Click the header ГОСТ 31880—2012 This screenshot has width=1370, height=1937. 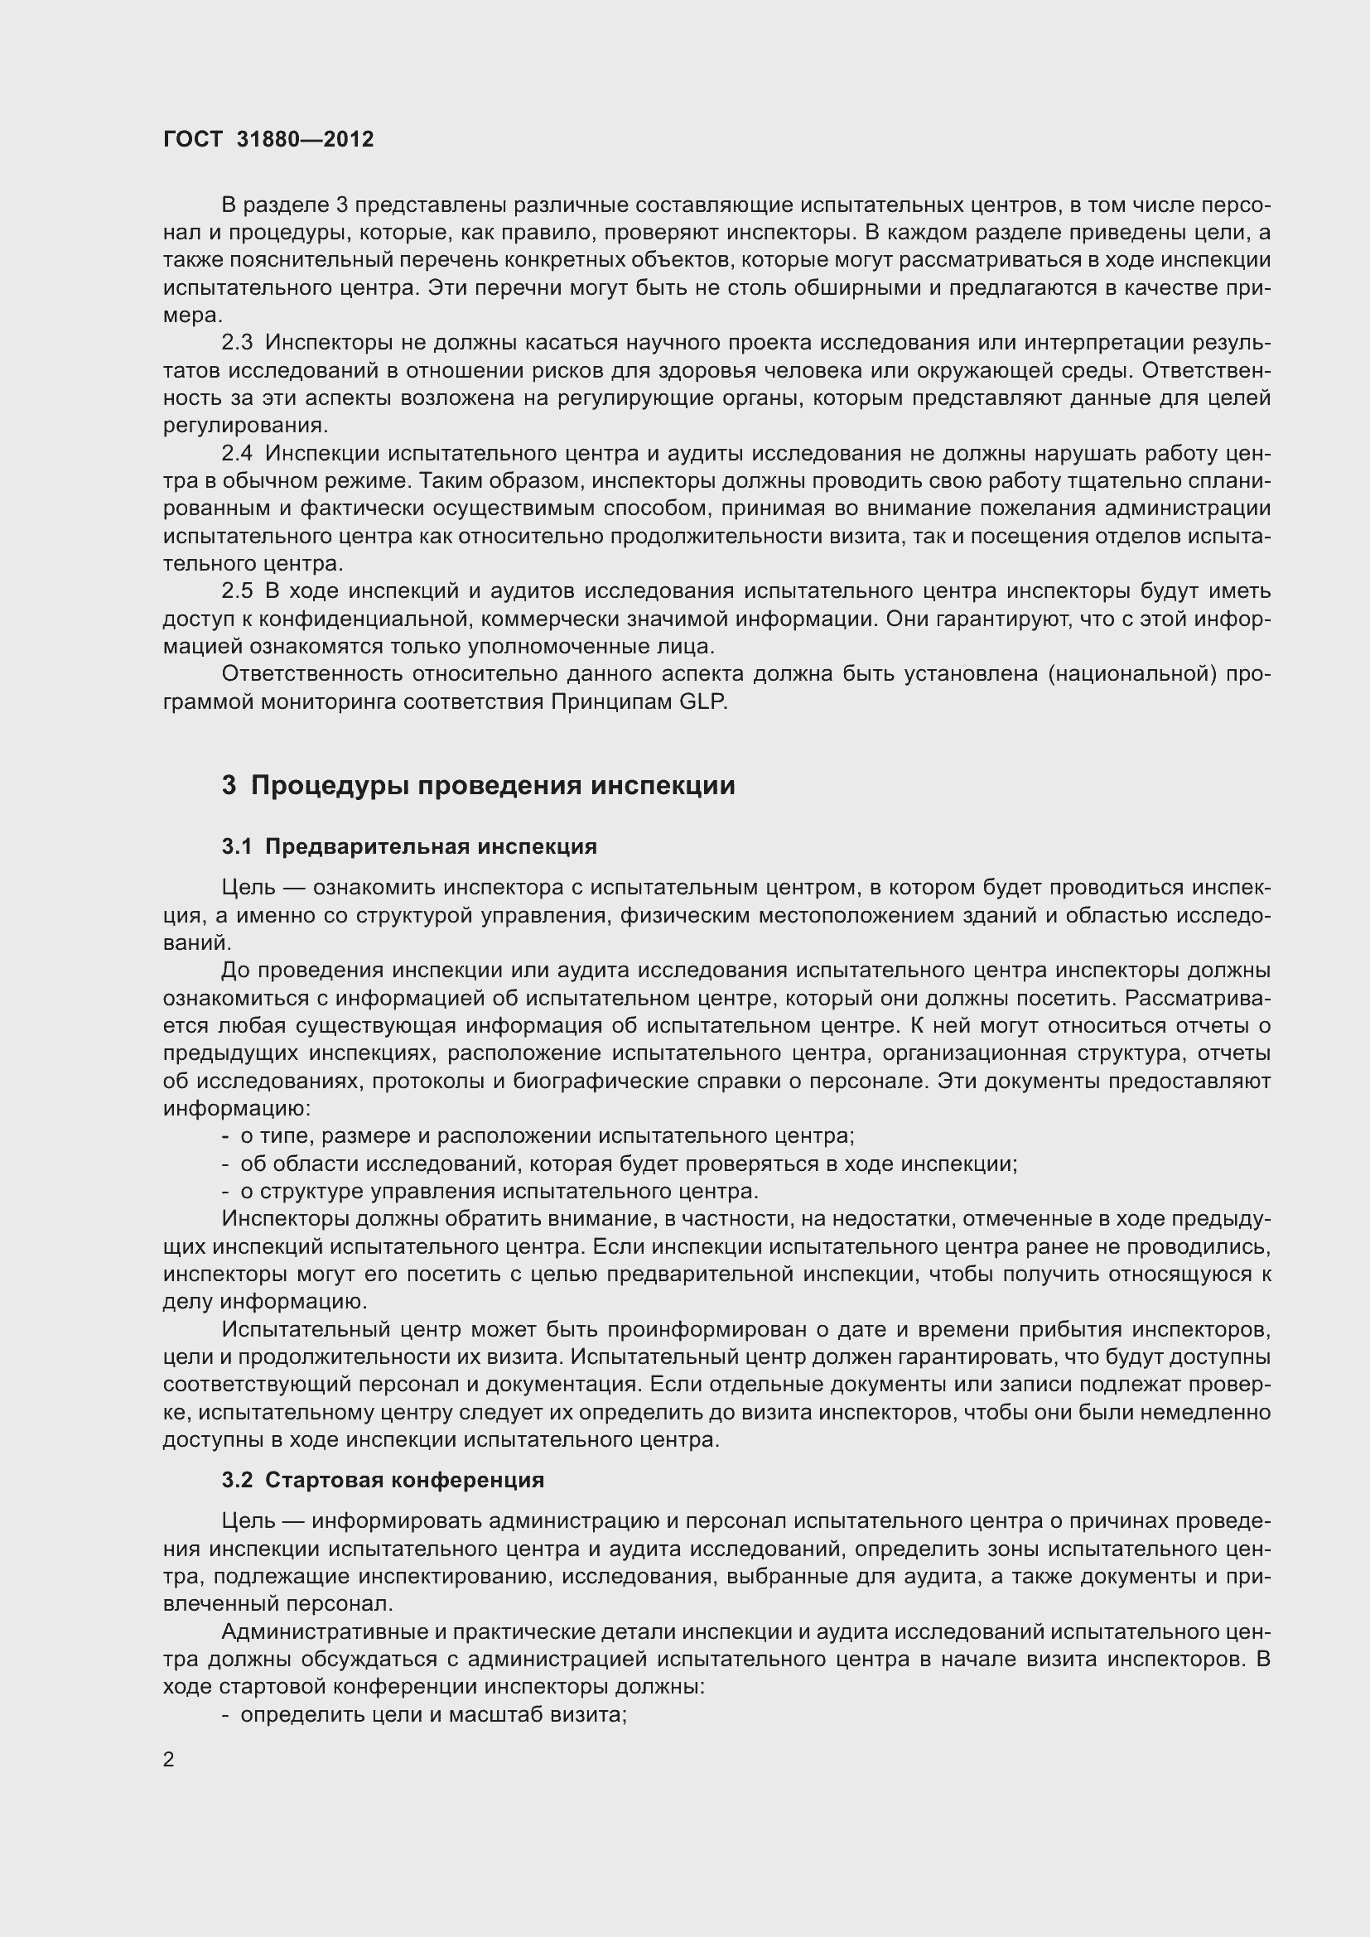click(x=268, y=139)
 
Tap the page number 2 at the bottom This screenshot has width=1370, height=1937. click(x=169, y=1759)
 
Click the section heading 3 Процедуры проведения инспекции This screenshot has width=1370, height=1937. click(x=478, y=785)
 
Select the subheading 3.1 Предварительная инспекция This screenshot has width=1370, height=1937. click(x=409, y=846)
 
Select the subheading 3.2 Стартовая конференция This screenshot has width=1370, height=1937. click(x=383, y=1480)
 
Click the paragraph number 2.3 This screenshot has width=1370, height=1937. click(x=237, y=343)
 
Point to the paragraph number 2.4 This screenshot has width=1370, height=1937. click(x=237, y=453)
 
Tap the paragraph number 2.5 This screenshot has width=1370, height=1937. click(x=237, y=591)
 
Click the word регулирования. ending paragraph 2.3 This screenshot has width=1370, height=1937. click(x=245, y=425)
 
